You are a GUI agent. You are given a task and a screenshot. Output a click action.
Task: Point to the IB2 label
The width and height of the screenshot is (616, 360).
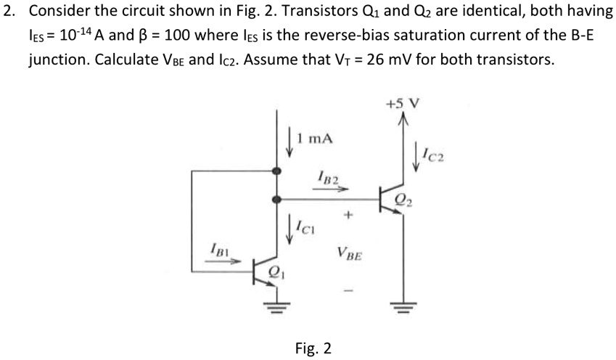(x=329, y=176)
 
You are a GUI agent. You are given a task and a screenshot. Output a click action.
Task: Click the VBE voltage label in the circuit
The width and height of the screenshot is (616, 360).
(x=351, y=254)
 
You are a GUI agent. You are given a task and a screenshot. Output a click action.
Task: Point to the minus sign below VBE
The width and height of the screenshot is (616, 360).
(x=350, y=292)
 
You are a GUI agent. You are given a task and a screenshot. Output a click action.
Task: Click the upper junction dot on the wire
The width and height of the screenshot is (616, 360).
(x=275, y=171)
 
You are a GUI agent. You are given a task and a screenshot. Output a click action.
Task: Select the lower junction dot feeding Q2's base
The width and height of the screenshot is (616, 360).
(x=275, y=197)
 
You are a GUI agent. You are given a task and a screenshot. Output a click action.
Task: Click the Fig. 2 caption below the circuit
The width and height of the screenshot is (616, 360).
(x=313, y=348)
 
